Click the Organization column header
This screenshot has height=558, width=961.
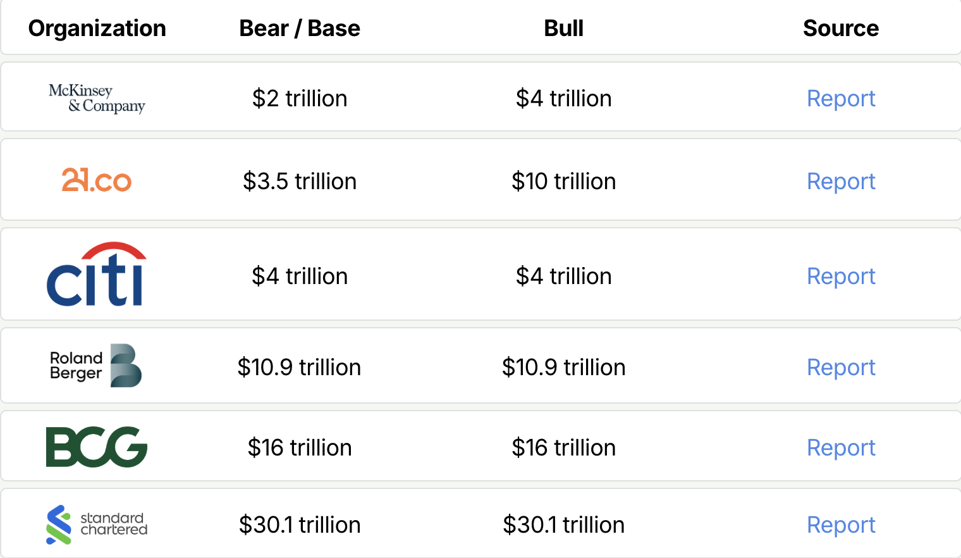click(x=97, y=28)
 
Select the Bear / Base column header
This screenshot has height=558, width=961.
click(x=299, y=28)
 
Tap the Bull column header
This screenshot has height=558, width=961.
click(x=563, y=28)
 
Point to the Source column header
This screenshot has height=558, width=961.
click(x=840, y=28)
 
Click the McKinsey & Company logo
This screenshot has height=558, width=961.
click(x=97, y=98)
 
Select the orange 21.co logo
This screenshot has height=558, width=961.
click(x=97, y=180)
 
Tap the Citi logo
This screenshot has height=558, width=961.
click(x=97, y=275)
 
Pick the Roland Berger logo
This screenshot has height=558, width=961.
click(x=96, y=366)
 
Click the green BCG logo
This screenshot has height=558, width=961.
click(x=97, y=447)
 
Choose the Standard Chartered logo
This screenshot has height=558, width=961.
click(x=97, y=524)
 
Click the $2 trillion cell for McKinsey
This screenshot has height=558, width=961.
click(x=299, y=99)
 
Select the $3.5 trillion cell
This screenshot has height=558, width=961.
click(x=299, y=182)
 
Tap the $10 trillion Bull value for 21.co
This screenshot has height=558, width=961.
click(x=563, y=182)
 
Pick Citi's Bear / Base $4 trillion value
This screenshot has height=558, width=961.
click(x=299, y=276)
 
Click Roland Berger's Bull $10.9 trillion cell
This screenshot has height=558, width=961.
click(x=563, y=368)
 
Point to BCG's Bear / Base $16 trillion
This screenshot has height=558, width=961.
click(x=299, y=448)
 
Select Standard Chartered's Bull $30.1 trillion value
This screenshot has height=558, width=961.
click(x=563, y=525)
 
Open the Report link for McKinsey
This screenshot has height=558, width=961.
click(x=840, y=99)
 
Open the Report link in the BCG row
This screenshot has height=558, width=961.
click(x=840, y=448)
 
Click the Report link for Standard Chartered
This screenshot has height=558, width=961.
click(x=840, y=525)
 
